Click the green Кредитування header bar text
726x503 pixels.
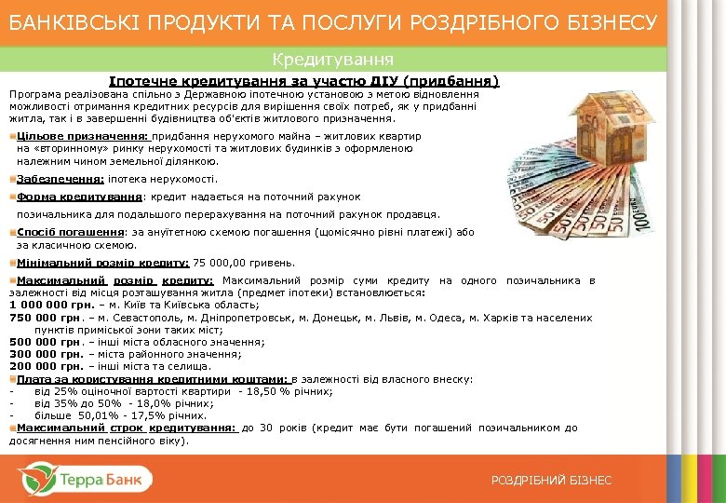pos(333,60)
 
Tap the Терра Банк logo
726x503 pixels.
pos(84,480)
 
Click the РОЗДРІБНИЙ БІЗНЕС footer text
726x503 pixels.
pos(551,480)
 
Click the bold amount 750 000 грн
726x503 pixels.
pos(40,318)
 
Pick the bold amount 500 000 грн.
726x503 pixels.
pos(41,342)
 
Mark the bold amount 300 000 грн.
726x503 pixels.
pos(41,354)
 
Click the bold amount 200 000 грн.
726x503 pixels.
pos(41,366)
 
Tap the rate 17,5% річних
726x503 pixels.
pos(160,415)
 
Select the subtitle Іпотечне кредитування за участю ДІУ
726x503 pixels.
pos(303,81)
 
